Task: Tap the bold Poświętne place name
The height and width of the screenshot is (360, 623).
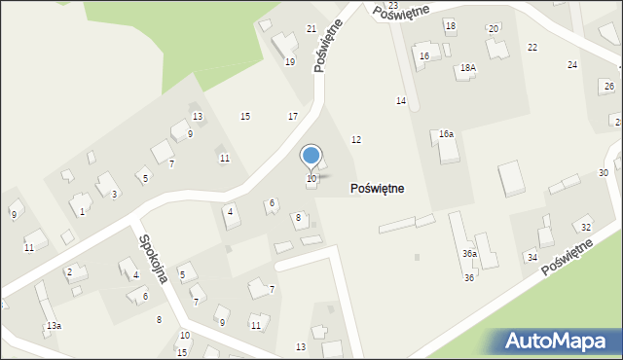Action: click(x=390, y=188)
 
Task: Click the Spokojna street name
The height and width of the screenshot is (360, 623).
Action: click(x=154, y=258)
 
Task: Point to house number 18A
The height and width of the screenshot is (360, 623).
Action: click(x=468, y=68)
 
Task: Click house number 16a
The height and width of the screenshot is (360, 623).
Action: click(x=446, y=133)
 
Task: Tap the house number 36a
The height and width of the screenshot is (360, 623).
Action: click(x=469, y=253)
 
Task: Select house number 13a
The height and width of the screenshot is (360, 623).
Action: click(x=54, y=325)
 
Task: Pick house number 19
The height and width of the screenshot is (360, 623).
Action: click(x=289, y=61)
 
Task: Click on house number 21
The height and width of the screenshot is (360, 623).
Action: click(x=311, y=28)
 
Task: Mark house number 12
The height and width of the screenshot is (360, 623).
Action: click(x=356, y=140)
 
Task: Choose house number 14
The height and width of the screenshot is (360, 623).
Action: click(x=400, y=101)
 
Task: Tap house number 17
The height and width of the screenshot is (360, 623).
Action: click(x=293, y=116)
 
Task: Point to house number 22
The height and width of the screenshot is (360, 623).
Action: click(x=532, y=47)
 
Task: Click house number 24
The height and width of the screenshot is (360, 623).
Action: click(x=572, y=64)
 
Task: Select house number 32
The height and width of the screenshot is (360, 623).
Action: click(x=585, y=227)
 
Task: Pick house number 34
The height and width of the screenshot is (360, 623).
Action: click(x=531, y=257)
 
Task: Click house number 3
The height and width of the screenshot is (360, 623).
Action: click(x=114, y=195)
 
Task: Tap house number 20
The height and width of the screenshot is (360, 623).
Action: click(x=493, y=28)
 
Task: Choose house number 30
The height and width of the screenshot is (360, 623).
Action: click(x=604, y=172)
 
